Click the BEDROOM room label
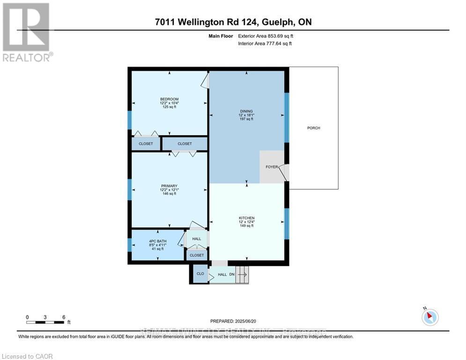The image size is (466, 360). (169, 99)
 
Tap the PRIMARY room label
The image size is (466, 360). (169, 186)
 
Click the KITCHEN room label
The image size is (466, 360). (246, 218)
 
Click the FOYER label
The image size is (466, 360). (272, 166)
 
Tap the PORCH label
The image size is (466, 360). (313, 128)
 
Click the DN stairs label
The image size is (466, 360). (231, 275)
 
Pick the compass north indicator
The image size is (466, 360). (429, 317)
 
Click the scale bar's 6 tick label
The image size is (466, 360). (63, 317)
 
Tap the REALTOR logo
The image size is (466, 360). (27, 33)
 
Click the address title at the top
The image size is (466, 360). (233, 22)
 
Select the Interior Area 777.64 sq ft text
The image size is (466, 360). (265, 44)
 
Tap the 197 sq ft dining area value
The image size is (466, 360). (246, 119)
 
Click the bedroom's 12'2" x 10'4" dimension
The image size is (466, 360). (169, 103)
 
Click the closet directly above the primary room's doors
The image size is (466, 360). (185, 143)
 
